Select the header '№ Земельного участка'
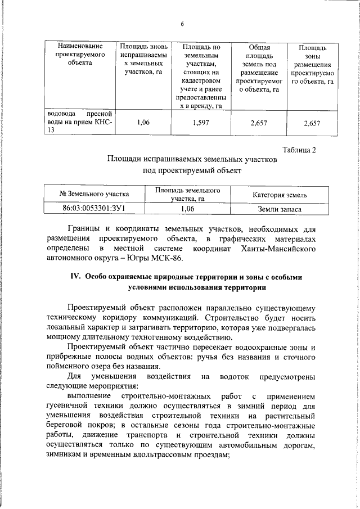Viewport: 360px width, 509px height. pos(94,194)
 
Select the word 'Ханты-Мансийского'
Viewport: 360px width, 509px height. pos(278,249)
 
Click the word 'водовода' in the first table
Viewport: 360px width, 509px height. pos(58,114)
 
